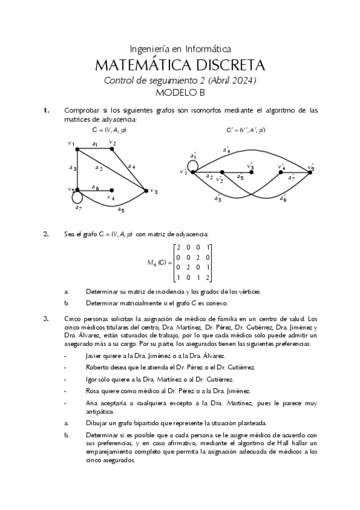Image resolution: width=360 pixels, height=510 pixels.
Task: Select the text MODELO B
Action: [x=180, y=93]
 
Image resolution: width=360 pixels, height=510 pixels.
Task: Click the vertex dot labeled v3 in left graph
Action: [x=146, y=191]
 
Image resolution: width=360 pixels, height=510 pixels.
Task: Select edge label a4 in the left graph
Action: [x=131, y=166]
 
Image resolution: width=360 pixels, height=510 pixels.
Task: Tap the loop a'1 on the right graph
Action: [x=193, y=164]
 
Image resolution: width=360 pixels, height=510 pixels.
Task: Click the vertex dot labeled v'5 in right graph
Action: [x=310, y=172]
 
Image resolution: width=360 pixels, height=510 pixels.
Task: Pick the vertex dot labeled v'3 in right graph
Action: [x=251, y=172]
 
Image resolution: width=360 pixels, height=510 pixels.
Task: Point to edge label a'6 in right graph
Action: [x=282, y=198]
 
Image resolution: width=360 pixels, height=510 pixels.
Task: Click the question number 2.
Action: [x=46, y=234]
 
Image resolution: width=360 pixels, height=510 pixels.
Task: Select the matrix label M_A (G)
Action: [x=158, y=262]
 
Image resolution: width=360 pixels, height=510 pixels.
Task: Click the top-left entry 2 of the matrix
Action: [x=178, y=248]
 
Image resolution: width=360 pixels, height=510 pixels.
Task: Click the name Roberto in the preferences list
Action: [x=99, y=366]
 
